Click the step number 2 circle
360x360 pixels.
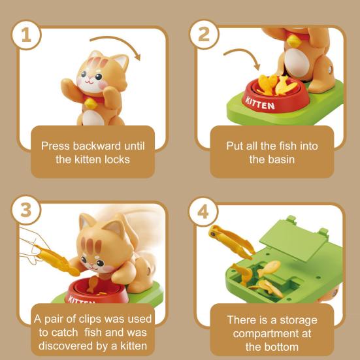[204, 34]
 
